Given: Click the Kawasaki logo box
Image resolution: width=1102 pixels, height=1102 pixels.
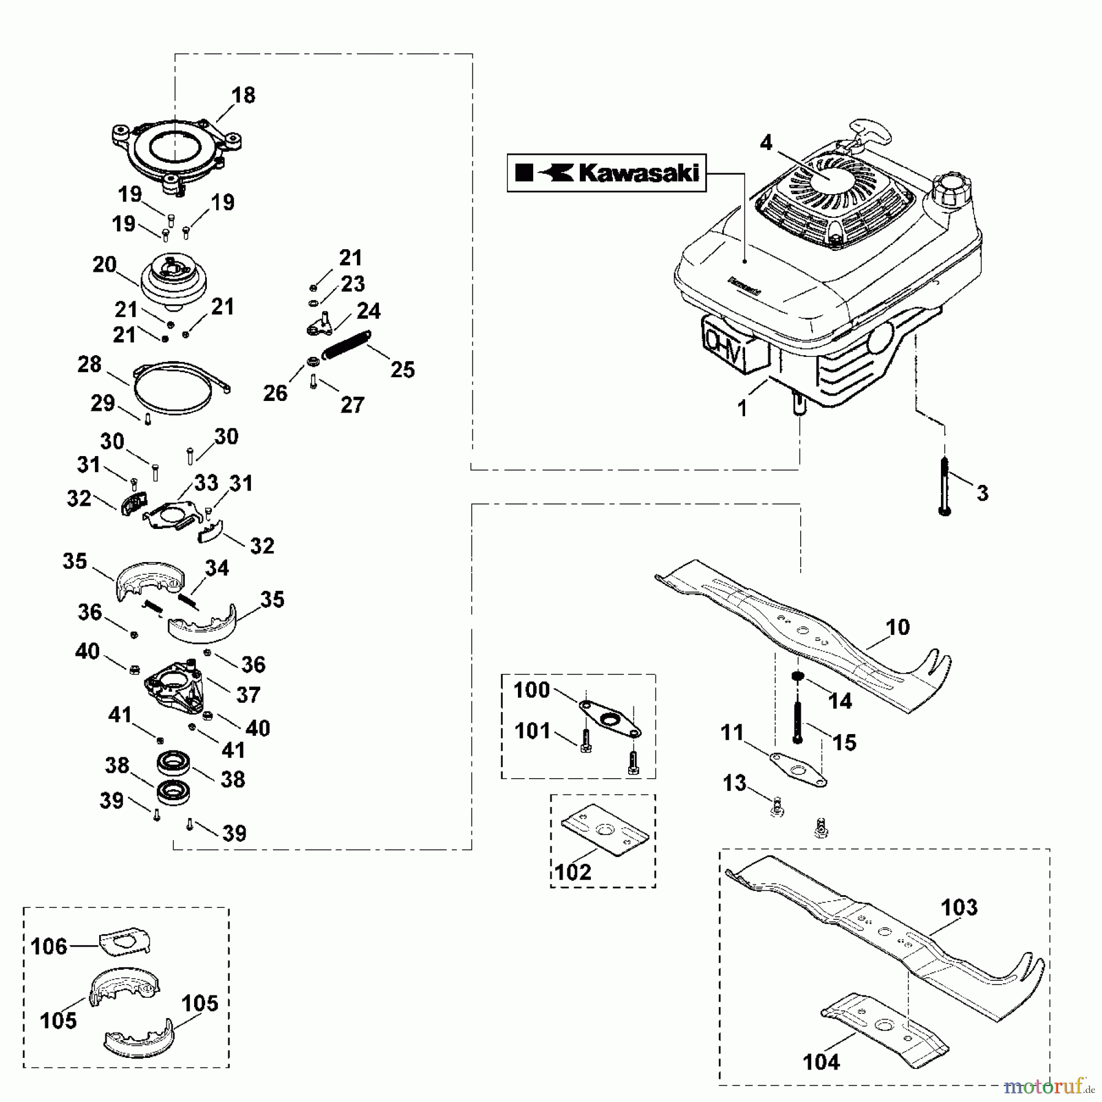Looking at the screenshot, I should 606,173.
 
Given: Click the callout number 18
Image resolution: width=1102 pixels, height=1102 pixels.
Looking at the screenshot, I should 243,96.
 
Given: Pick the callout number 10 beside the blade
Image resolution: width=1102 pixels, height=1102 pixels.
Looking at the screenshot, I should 898,628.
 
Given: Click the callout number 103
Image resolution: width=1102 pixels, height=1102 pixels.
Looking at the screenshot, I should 959,907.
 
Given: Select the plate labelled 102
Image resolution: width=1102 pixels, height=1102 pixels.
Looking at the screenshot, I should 604,831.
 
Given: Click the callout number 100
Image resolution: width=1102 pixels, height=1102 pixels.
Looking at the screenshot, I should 531,690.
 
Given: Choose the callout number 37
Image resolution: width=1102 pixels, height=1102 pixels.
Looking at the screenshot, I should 249,695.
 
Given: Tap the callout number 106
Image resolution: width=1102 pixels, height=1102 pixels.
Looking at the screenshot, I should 48,946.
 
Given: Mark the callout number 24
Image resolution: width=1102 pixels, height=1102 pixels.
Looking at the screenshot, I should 369,311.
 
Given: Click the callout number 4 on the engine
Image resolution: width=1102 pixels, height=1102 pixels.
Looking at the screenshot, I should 767,143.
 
